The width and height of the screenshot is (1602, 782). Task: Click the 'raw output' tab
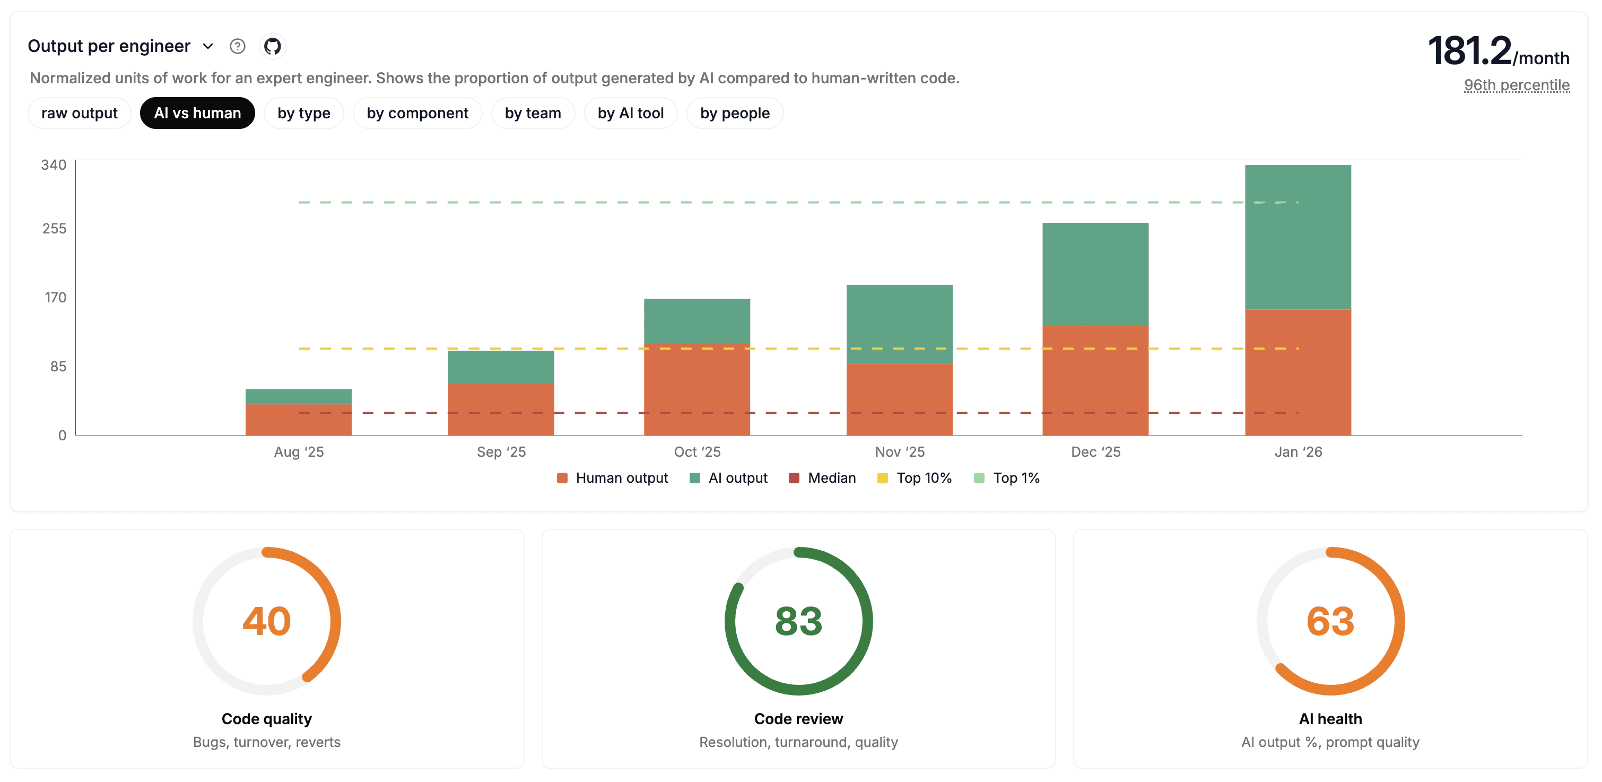(x=79, y=113)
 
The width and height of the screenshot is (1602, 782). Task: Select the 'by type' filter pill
(x=303, y=113)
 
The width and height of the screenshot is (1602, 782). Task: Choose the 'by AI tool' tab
(x=630, y=113)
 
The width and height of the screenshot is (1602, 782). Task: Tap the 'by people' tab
(x=735, y=113)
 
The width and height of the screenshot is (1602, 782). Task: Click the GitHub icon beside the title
(x=272, y=46)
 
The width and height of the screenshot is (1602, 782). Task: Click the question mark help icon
(x=238, y=46)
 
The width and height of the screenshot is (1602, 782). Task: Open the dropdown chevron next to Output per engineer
(x=208, y=46)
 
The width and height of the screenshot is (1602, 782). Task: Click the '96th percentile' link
(x=1516, y=85)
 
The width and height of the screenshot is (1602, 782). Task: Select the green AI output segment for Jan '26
(x=1298, y=237)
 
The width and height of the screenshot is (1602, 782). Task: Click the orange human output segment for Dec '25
(x=1095, y=380)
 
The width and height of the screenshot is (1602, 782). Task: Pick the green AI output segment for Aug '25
(x=299, y=396)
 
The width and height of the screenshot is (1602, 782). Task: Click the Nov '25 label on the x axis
(x=899, y=451)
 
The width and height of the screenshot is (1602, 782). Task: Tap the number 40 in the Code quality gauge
(x=267, y=621)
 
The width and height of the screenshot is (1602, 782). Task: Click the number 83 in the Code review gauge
(x=798, y=621)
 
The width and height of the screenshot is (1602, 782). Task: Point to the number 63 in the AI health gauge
(x=1330, y=621)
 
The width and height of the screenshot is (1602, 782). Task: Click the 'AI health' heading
(x=1330, y=718)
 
